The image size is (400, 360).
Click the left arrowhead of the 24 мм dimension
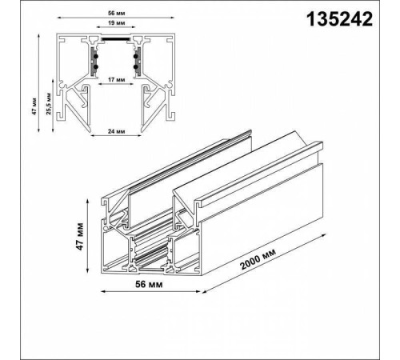click(x=90, y=134)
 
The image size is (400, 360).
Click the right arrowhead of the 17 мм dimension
click(x=135, y=85)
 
